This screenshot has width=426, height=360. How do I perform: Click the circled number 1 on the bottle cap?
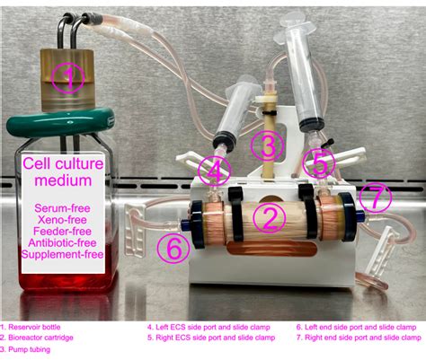68,78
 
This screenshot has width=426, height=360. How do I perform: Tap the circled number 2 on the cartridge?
270,219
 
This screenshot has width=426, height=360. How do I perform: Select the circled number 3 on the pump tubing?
267,146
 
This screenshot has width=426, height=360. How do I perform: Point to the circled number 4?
214,171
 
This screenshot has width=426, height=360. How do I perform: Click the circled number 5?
319,163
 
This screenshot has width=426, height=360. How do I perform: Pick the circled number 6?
173,248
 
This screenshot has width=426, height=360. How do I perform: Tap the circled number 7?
376,198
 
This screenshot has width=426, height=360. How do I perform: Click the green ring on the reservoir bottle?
60,122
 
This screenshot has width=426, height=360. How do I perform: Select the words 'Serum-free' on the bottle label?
62,208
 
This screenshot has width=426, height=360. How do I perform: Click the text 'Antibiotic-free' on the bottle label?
62,242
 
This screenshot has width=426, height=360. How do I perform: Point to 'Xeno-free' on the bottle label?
62,220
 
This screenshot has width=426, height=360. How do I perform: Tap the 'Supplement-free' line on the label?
62,254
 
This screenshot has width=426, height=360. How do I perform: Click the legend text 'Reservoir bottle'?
34,327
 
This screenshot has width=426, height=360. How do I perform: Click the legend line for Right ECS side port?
211,338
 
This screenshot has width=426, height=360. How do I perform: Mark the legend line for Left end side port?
357,328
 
